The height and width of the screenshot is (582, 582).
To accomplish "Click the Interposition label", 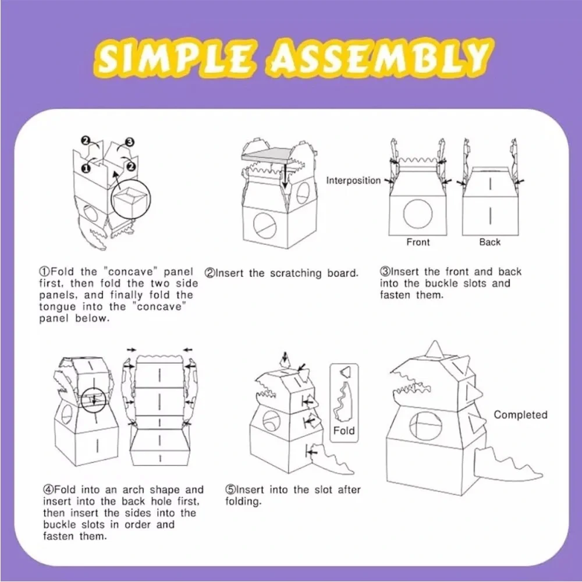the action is coord(353,180).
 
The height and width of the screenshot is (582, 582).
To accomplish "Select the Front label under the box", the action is coord(418,242).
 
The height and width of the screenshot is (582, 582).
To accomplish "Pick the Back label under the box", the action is coord(489,242).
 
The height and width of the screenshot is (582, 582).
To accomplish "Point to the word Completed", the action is coord(520,414).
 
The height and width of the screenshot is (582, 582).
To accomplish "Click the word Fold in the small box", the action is coord(344,431).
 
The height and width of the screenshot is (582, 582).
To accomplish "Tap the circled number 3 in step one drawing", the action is coord(130,142).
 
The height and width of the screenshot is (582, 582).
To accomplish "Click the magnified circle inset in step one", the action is coord(131,199).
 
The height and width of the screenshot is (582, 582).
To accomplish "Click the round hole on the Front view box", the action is coord(418,214).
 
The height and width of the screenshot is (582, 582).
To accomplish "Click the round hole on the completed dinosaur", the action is coord(426,426).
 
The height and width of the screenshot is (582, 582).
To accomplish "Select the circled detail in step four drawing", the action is coord(94,400).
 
